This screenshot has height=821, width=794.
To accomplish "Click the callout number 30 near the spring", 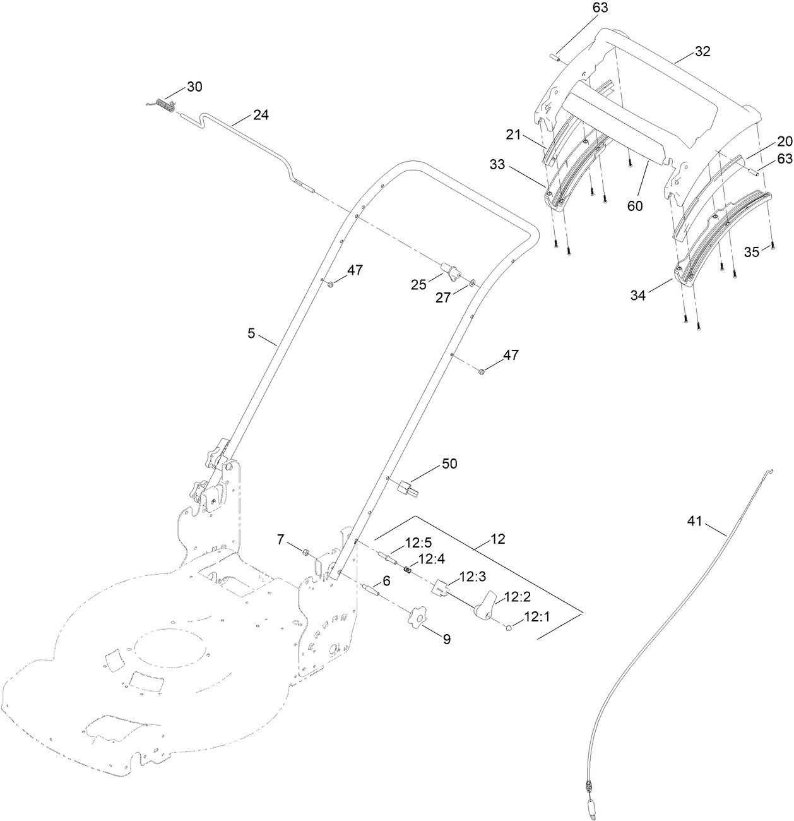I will point(194,87).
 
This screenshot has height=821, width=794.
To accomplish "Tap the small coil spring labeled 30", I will point(163,106).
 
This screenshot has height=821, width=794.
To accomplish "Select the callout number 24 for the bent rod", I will point(261,115).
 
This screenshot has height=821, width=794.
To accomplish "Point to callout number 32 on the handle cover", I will point(702,52).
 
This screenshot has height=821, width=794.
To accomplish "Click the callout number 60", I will point(634,206).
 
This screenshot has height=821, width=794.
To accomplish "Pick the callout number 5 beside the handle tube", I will point(251,333).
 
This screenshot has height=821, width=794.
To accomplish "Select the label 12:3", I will point(473,577).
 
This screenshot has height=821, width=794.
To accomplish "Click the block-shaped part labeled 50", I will point(406,487).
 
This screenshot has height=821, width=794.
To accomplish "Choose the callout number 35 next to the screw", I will point(751,253).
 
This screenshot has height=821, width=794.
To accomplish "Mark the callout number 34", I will point(638,294).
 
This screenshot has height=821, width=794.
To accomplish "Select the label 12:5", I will point(400,541).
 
